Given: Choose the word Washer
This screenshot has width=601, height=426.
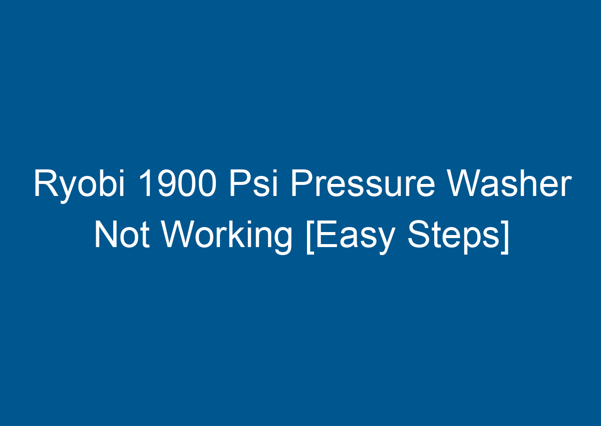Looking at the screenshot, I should click(508, 184).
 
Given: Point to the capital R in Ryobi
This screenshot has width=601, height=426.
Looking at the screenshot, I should click(44, 184).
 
